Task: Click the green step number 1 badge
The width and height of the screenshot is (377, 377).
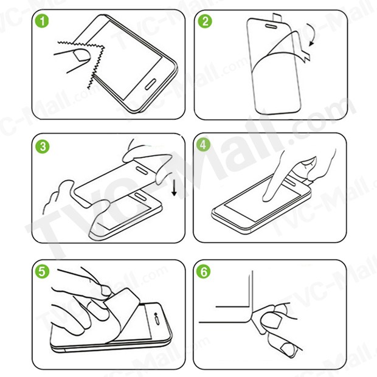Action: pos(42,21)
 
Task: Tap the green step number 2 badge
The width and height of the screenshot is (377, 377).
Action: pos(205,21)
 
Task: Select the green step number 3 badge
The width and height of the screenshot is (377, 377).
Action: pos(43,147)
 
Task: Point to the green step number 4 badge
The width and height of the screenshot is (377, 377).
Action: pos(203,145)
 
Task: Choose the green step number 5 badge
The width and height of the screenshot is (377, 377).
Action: pos(42,271)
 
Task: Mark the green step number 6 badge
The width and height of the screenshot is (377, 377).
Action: pos(204,271)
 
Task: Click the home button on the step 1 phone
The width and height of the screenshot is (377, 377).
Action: pos(151,85)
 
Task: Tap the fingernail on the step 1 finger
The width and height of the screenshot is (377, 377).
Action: pos(81,55)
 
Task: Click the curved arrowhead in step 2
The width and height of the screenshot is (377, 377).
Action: pos(311,43)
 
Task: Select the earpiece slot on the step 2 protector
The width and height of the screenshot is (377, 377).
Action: pos(271,26)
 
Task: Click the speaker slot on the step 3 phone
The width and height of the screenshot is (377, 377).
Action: pos(140,196)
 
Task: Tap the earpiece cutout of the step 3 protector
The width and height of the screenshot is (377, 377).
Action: pos(142,170)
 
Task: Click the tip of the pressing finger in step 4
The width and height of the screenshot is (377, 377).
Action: pos(266,199)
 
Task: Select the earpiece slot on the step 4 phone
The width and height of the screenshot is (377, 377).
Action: pos(290,182)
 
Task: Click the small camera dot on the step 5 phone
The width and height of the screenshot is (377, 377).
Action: pos(156,314)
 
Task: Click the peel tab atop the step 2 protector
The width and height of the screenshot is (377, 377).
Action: pos(277,17)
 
